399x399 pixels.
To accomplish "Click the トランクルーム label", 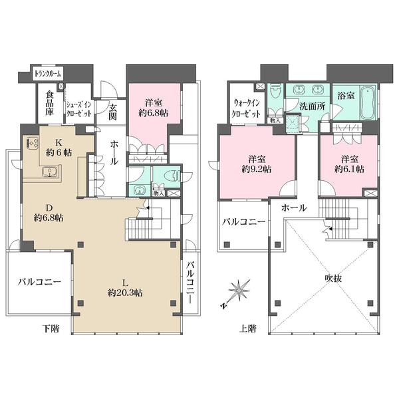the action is [48, 74].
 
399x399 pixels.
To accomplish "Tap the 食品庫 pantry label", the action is [49, 103].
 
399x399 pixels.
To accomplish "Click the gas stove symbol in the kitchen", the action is [33, 143].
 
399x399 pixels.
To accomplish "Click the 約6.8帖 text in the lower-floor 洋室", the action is [153, 114].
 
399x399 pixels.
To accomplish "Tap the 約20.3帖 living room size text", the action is [125, 293].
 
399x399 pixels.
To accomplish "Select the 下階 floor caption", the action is [51, 329].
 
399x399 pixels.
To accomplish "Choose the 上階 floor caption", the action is [247, 329].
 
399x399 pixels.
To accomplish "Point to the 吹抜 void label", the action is [333, 279].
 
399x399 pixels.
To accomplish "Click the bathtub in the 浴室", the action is [368, 103].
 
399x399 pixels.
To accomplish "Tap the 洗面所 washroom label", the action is [312, 106].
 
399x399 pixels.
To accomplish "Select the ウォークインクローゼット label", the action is [246, 108].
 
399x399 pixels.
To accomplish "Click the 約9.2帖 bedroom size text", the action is [257, 169].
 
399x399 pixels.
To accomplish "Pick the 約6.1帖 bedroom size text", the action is [349, 169].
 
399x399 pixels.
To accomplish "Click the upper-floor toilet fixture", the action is [275, 93].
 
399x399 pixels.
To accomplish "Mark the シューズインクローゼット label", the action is [79, 109].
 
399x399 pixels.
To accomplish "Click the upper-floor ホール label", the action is [294, 208].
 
